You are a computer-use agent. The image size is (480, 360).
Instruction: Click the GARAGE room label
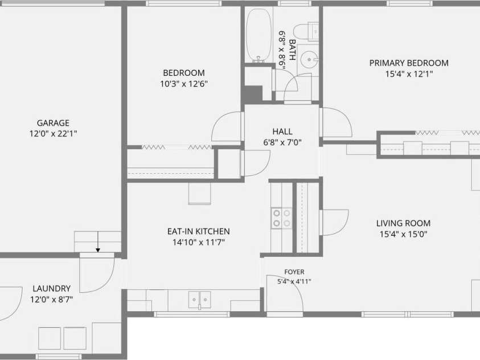click(53, 123)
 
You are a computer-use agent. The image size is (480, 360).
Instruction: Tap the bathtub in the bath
click(259, 35)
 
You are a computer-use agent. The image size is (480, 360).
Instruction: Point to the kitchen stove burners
click(282, 218)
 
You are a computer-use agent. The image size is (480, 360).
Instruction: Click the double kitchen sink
click(200, 300)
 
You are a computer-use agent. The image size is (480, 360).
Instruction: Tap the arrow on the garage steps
click(98, 242)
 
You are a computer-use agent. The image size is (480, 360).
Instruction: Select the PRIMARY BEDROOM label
click(409, 63)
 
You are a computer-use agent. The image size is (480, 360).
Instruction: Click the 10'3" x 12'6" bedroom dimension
click(184, 84)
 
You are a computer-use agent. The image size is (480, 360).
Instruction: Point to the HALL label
click(282, 132)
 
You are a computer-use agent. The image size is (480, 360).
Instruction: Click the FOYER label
click(294, 272)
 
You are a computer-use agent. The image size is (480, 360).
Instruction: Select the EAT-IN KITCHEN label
click(198, 231)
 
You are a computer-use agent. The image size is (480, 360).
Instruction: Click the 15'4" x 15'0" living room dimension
click(404, 235)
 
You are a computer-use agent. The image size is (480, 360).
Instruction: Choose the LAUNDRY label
click(51, 289)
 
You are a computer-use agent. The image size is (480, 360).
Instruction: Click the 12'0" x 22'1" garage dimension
click(53, 134)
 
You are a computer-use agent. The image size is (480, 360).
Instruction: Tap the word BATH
click(293, 50)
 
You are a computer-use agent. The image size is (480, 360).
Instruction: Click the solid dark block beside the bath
click(253, 95)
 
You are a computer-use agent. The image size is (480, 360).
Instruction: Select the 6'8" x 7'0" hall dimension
click(282, 142)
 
